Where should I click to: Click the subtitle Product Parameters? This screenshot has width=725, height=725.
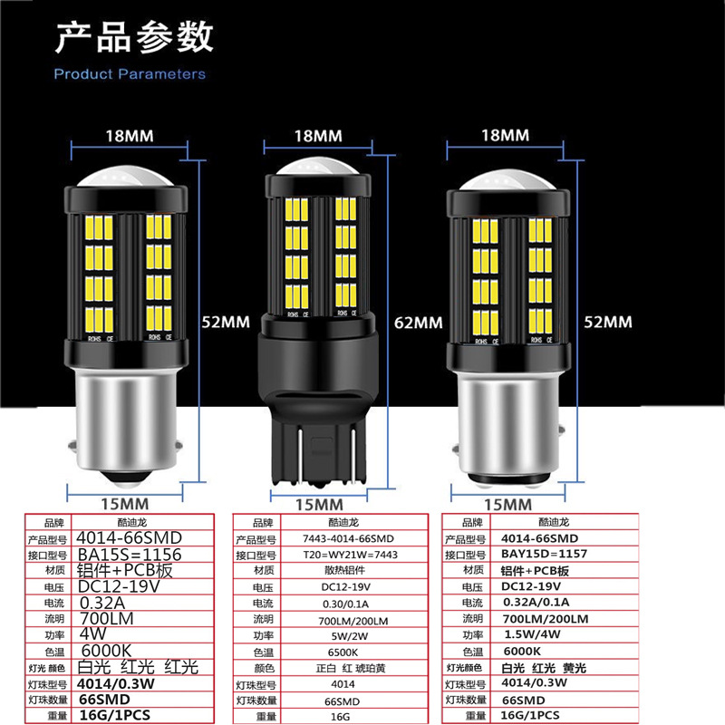130,74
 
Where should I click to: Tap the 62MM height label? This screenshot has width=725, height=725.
419,322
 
